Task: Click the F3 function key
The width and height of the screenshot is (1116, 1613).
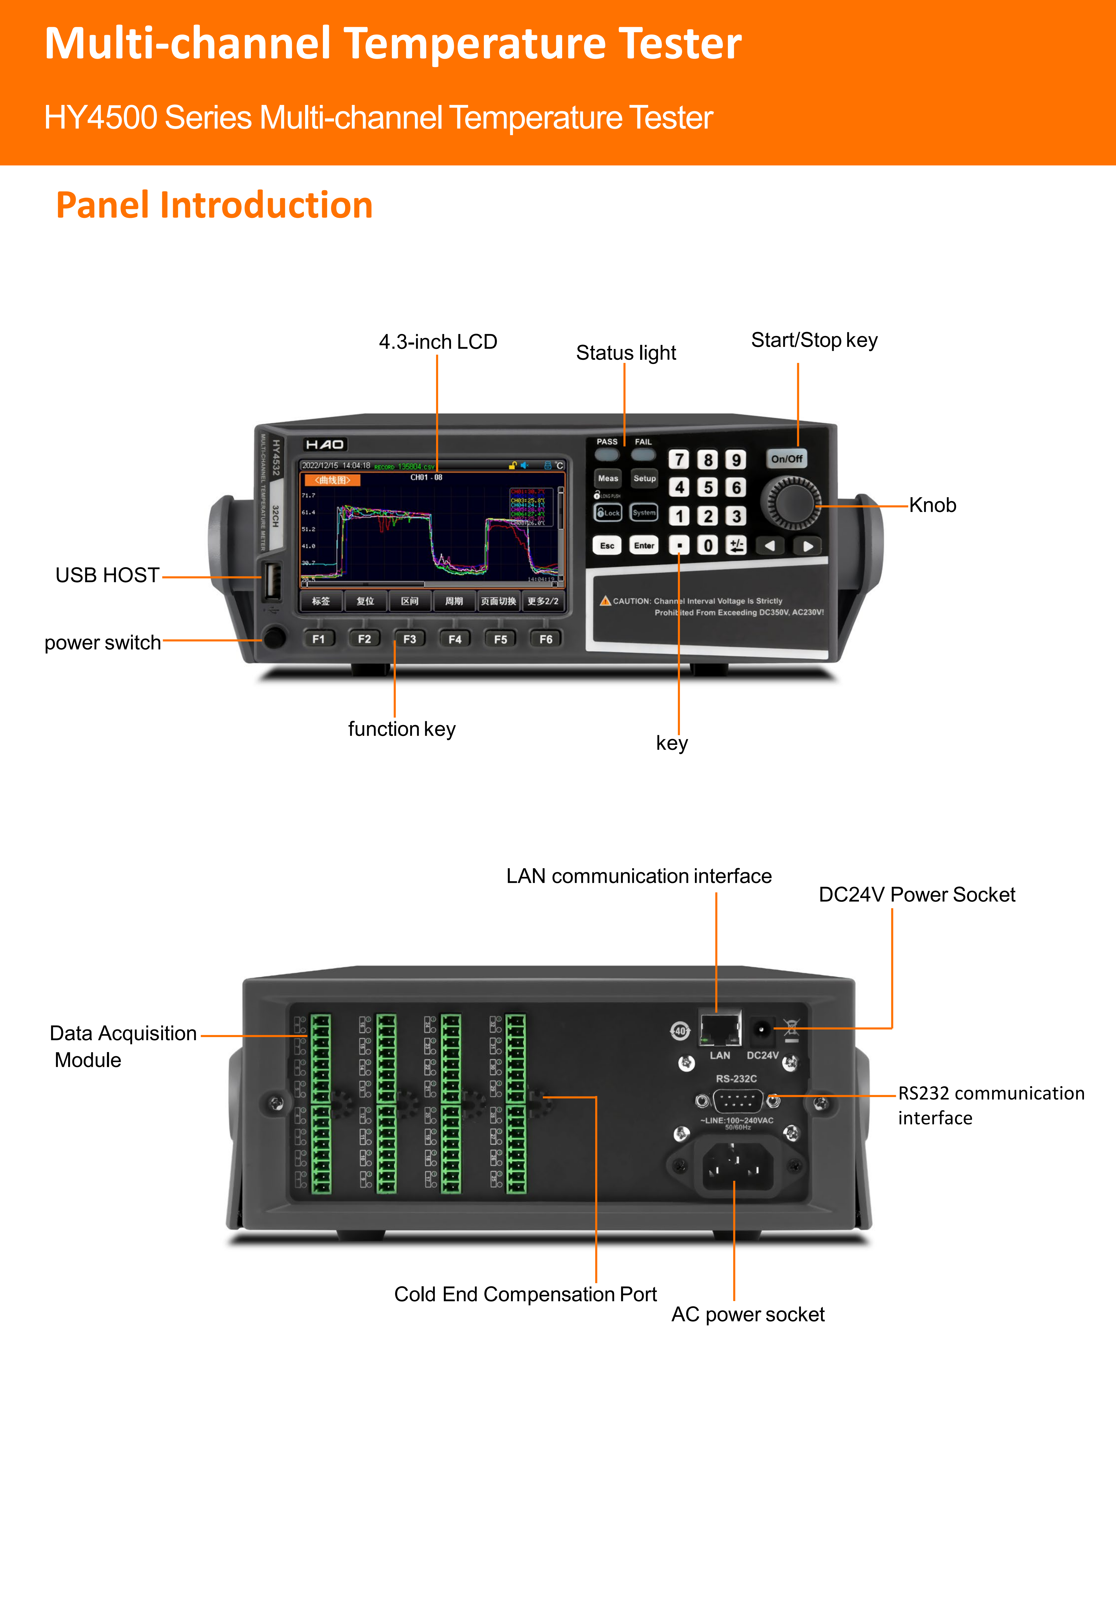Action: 410,639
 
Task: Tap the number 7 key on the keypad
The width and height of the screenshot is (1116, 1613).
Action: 678,460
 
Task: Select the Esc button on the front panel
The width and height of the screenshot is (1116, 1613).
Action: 607,546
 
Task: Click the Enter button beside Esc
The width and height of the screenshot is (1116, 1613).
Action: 644,546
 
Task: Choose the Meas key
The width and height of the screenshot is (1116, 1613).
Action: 608,478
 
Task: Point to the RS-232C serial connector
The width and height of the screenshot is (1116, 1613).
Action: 738,1101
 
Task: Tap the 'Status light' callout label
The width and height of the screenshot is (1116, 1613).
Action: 626,353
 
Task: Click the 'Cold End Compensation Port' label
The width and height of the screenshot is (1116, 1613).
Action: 525,1294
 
